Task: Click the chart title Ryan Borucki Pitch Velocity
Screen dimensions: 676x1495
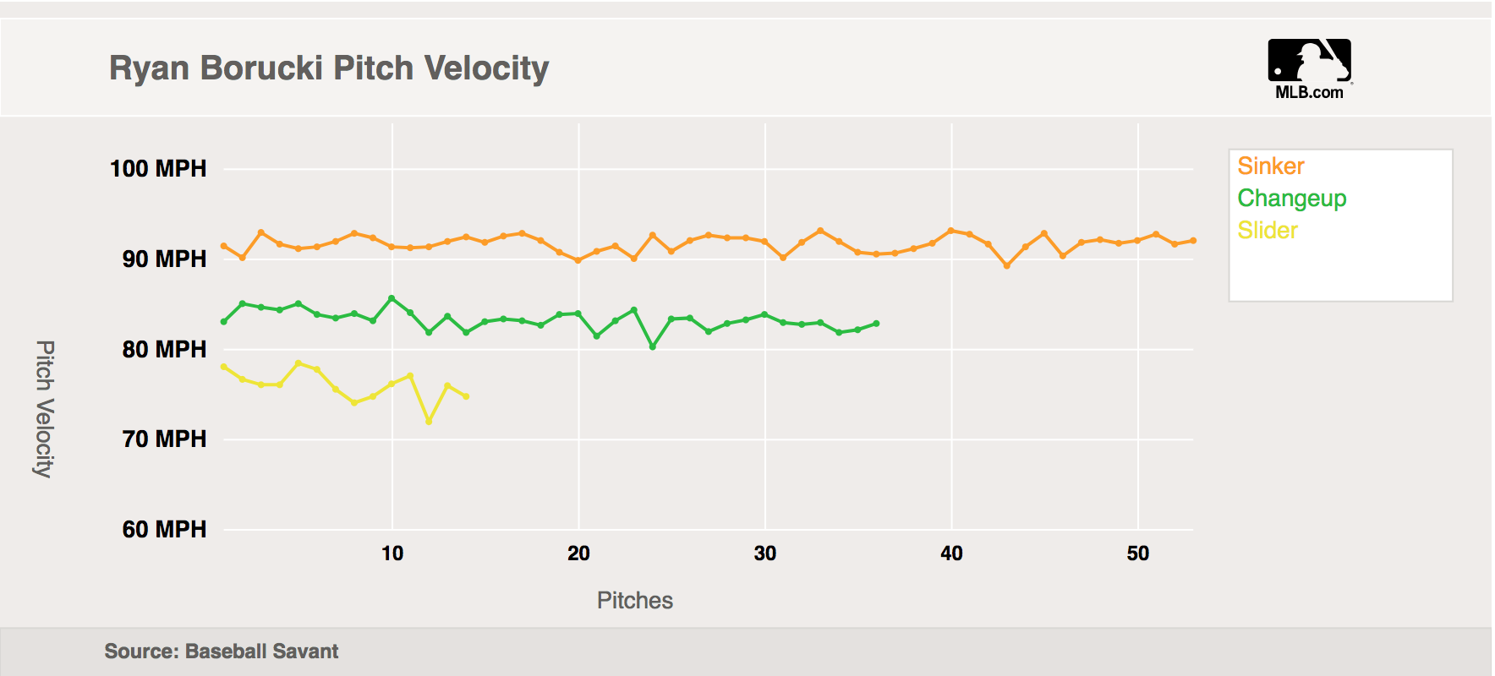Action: (329, 68)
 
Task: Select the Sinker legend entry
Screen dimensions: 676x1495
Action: (1270, 166)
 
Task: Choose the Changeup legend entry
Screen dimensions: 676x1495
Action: (1291, 198)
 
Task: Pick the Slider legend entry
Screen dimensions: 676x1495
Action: (1267, 230)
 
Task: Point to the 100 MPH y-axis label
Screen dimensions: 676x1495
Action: (158, 168)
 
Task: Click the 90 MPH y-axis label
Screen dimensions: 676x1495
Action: (164, 259)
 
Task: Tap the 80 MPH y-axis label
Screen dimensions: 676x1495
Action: (164, 349)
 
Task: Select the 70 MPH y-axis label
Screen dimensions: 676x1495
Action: (164, 439)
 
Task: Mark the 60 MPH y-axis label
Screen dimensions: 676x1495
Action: (164, 529)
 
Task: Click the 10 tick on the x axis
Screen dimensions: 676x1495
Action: (392, 553)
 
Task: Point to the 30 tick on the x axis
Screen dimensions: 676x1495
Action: (765, 553)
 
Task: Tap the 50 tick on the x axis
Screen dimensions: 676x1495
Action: (1138, 553)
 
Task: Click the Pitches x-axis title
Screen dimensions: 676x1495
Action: (635, 600)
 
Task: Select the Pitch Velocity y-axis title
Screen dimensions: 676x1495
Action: (45, 409)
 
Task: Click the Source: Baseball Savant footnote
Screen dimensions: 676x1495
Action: (222, 651)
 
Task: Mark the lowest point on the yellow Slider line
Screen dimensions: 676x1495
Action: (430, 421)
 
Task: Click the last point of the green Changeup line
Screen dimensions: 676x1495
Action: (877, 324)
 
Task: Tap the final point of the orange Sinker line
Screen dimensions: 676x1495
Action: (1193, 241)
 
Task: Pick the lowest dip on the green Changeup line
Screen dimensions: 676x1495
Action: (653, 346)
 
